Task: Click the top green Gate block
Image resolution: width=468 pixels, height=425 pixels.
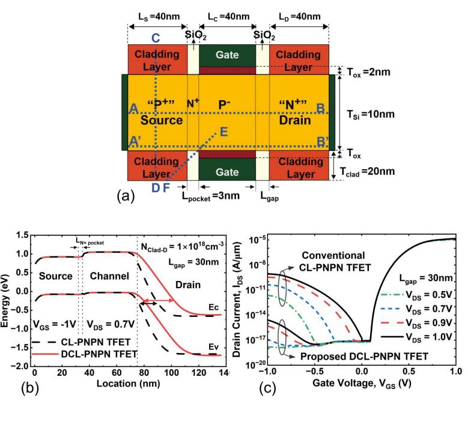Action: click(227, 56)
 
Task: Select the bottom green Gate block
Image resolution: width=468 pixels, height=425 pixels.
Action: click(227, 169)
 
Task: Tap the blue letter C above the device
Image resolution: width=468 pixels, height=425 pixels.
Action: click(156, 38)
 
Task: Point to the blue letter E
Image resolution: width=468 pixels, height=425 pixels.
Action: click(223, 132)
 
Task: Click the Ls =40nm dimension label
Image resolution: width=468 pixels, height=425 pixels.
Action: click(159, 16)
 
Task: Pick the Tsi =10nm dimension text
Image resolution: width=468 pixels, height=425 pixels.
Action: click(371, 114)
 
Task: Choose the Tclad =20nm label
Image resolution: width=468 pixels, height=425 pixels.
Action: click(367, 172)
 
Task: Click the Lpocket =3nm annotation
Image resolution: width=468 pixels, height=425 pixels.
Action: click(211, 196)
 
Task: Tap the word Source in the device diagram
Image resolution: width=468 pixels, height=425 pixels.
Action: click(162, 120)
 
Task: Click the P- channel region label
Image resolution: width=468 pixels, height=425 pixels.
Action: click(224, 104)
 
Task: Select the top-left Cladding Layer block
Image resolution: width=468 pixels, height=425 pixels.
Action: click(157, 59)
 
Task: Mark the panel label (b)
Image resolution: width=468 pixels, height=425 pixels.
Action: click(30, 388)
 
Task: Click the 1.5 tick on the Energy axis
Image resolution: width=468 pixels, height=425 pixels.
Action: click(22, 235)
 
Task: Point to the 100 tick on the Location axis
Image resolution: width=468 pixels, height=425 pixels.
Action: click(171, 373)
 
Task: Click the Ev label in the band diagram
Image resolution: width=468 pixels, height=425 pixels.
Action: click(213, 347)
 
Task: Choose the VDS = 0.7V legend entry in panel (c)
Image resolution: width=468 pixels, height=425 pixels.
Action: click(417, 309)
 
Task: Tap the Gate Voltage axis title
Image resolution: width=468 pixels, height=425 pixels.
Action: click(362, 383)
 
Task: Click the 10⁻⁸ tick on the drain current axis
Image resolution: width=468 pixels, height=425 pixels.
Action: click(255, 264)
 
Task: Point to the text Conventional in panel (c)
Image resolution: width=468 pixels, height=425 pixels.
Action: click(333, 256)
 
